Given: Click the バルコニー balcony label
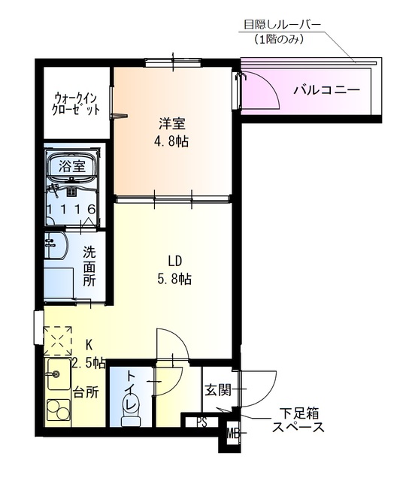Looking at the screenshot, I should [x=326, y=91].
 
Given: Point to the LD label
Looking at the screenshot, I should [x=175, y=262].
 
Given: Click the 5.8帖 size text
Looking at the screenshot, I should [x=175, y=280].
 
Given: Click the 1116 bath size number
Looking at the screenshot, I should [x=70, y=208].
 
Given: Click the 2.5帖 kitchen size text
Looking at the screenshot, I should [x=89, y=364].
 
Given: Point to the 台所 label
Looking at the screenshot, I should [x=85, y=392].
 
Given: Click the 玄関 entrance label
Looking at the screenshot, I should [x=217, y=390].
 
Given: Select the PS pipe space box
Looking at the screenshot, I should [x=201, y=422].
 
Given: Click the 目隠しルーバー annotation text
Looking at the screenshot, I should [x=282, y=25].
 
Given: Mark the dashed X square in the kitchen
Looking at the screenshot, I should [x=57, y=340].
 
